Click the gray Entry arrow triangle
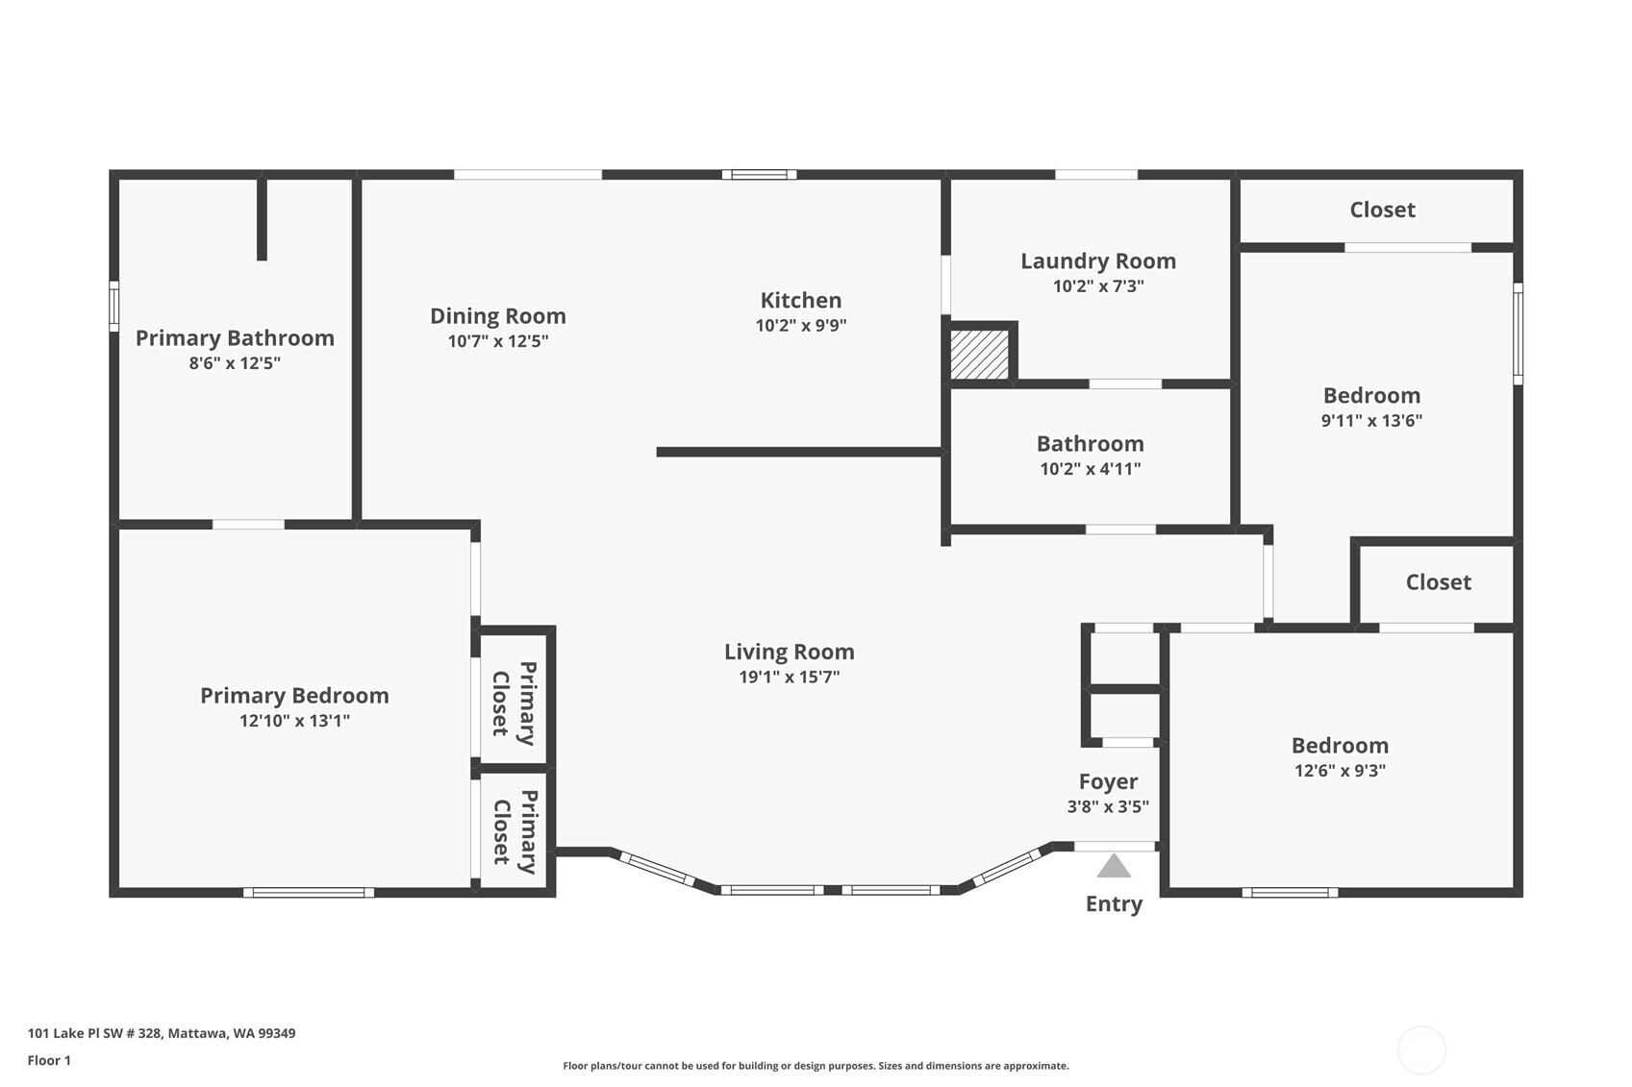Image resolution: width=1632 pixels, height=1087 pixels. (1114, 866)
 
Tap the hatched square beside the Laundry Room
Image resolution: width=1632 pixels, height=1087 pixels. (979, 355)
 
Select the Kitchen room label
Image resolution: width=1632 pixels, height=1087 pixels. (801, 300)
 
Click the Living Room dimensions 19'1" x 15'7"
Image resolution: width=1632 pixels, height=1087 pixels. (789, 678)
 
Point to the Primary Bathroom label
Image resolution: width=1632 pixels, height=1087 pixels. (235, 337)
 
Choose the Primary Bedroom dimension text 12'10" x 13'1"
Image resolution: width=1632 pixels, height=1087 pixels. (294, 721)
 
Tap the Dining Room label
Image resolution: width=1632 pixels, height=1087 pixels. (497, 316)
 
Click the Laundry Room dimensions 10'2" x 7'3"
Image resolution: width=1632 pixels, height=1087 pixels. (1098, 286)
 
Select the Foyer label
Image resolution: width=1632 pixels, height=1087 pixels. (1108, 782)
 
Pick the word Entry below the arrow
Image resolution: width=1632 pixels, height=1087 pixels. (1114, 904)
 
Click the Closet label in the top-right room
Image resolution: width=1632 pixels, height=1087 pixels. (1382, 210)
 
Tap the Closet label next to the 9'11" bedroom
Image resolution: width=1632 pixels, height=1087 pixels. (1438, 582)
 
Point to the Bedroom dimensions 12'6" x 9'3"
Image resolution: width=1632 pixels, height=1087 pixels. (1340, 770)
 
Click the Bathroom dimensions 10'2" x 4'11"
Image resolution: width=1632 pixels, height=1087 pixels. (1090, 469)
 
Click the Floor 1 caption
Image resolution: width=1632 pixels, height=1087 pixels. (50, 1061)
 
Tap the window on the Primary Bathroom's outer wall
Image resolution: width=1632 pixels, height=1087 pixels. (113, 307)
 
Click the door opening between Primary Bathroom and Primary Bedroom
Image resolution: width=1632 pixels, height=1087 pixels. (248, 524)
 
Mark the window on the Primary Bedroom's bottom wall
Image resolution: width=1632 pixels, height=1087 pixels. (308, 893)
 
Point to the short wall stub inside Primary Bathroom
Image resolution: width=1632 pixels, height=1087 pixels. (262, 218)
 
